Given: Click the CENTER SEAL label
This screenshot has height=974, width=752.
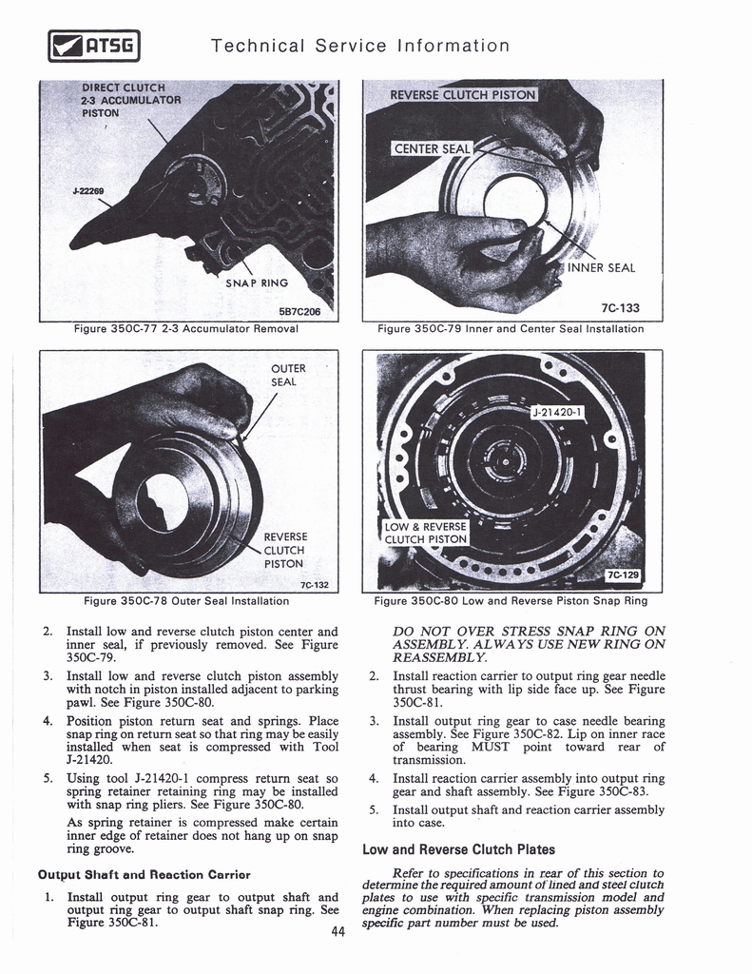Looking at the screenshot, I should click(431, 147).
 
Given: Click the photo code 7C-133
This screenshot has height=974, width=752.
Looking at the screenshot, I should click(620, 308).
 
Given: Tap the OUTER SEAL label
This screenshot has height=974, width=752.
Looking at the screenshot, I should click(288, 375).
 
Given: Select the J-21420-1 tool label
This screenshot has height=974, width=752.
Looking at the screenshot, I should click(559, 412).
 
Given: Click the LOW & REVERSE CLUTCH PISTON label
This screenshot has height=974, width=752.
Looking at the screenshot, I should click(426, 533).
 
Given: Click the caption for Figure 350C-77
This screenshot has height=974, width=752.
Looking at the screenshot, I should click(186, 329).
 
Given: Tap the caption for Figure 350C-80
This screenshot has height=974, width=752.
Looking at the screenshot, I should click(511, 601).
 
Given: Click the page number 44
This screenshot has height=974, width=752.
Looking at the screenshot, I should click(337, 931).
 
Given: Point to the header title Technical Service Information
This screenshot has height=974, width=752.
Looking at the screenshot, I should click(360, 46).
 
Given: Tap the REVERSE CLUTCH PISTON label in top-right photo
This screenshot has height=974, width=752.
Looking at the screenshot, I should click(464, 94).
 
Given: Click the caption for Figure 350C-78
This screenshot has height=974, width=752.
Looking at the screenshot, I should click(186, 601).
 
